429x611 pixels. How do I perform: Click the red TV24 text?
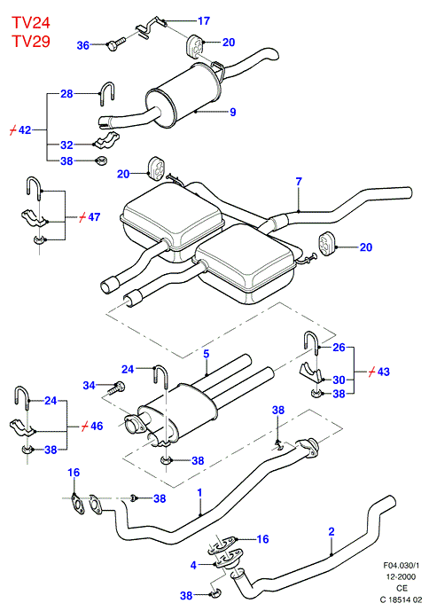(31, 22)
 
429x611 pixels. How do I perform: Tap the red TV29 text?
(31, 41)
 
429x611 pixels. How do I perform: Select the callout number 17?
(204, 20)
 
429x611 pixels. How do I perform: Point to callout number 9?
(233, 113)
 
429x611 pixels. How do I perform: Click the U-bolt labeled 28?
(106, 93)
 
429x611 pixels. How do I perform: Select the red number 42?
(25, 129)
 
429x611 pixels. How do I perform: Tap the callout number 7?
(299, 182)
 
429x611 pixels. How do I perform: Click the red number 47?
(94, 217)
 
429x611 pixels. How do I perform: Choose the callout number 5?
(207, 354)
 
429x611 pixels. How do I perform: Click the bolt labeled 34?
(115, 388)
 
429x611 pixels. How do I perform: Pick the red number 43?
(384, 372)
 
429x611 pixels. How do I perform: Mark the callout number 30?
(339, 380)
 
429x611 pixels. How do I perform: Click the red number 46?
(97, 426)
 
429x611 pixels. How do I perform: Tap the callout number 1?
(200, 492)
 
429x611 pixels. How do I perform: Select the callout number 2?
(331, 531)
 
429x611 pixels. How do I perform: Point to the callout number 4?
(193, 565)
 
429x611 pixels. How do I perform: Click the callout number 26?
(339, 348)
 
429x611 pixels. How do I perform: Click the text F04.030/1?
(402, 565)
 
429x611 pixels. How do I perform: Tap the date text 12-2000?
(401, 576)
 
